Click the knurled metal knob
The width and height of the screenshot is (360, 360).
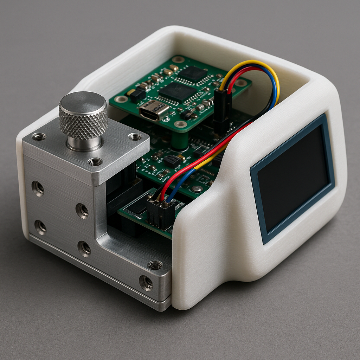coord(83,116)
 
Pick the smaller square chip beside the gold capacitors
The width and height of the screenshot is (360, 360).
coord(192,73)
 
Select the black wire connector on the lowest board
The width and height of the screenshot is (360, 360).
coord(160,213)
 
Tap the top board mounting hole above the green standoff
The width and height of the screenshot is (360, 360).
coord(180,124)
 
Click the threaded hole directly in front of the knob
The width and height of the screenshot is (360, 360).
coord(95,162)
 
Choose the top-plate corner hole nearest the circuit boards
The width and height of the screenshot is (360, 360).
coord(135,137)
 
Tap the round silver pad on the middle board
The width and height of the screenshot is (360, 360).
coord(197,189)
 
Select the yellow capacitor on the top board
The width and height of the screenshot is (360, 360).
coord(130,92)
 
